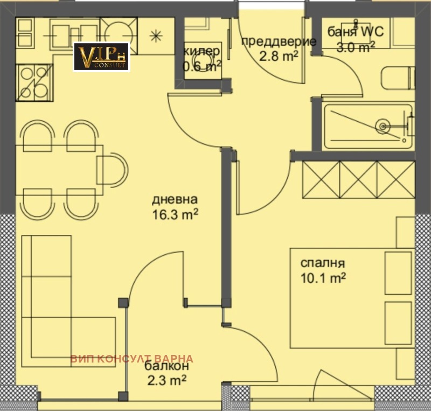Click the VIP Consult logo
(x=101, y=57)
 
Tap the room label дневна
(x=175, y=199)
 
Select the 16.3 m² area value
(x=175, y=214)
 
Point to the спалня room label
(x=322, y=263)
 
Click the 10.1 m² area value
(x=323, y=278)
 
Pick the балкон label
(x=166, y=366)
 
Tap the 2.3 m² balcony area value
(x=167, y=380)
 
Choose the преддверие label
(x=279, y=41)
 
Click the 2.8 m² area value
(x=279, y=57)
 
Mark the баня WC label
(x=356, y=32)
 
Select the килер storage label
(x=201, y=51)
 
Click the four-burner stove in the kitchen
(x=34, y=82)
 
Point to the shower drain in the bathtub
(x=383, y=126)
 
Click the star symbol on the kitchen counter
(x=156, y=36)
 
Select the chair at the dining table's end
(x=112, y=169)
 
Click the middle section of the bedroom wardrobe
(x=358, y=179)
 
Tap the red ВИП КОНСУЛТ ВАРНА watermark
(x=132, y=359)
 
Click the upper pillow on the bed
(x=398, y=273)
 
